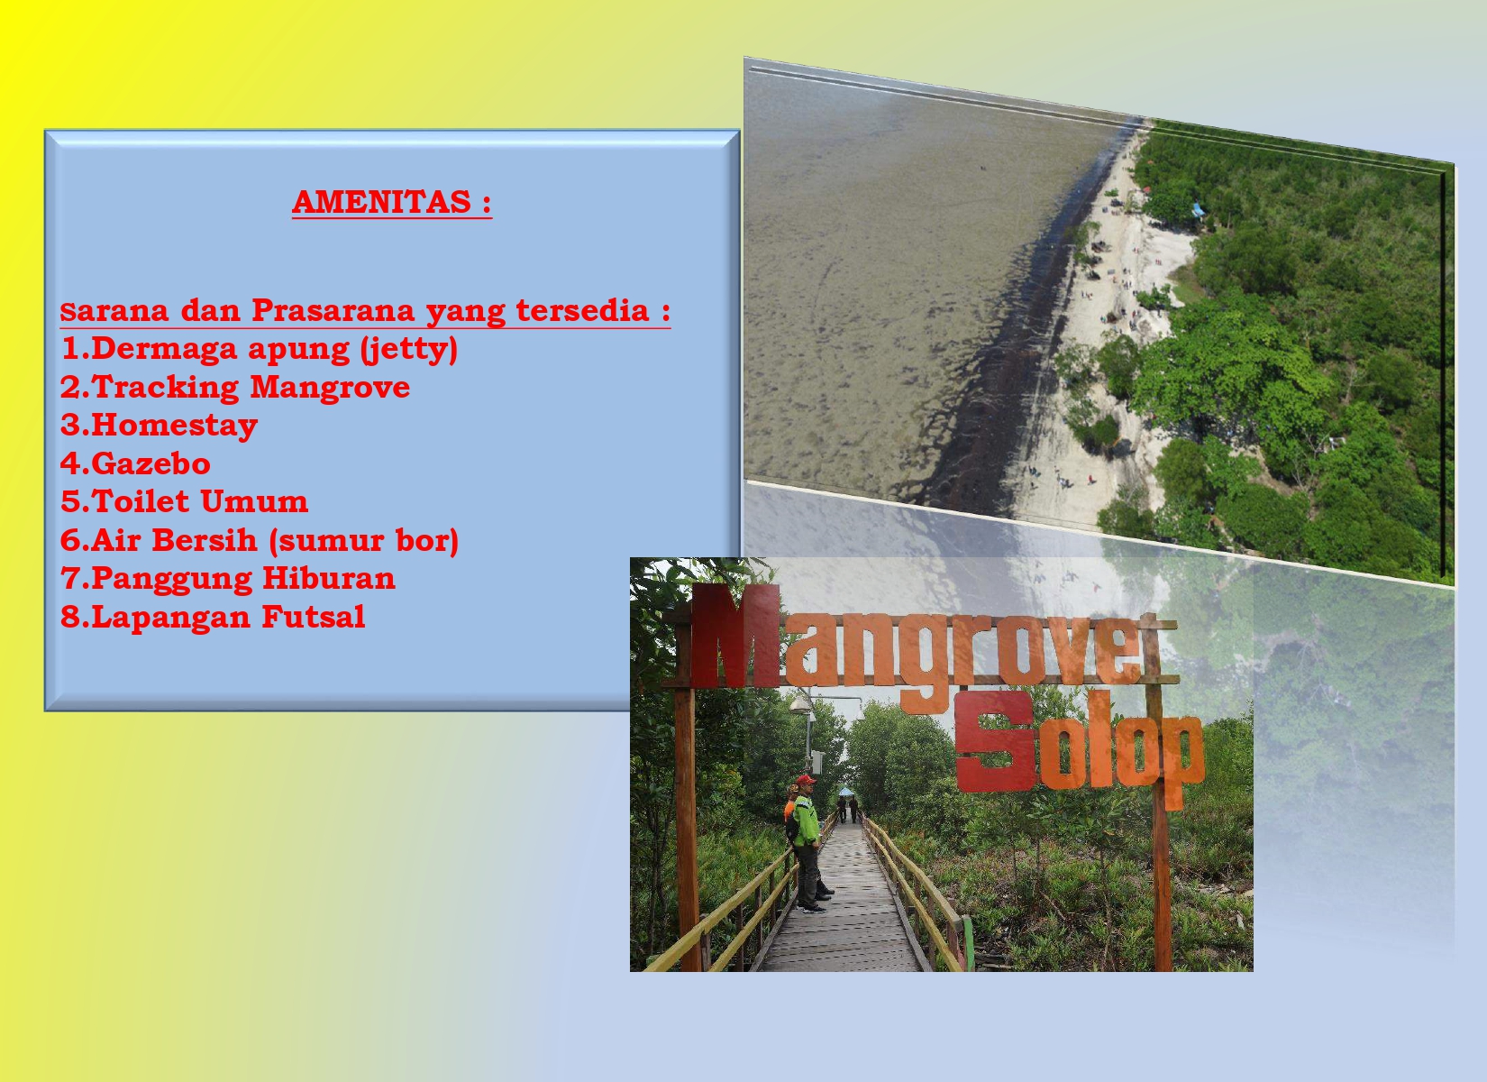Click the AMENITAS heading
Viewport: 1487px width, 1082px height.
[392, 203]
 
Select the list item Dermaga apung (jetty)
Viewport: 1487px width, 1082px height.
[260, 349]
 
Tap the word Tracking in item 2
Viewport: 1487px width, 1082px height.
[166, 387]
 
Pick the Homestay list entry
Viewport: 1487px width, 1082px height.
[160, 426]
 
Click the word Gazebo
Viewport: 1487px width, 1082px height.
[151, 463]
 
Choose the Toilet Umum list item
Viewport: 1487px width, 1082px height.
[185, 501]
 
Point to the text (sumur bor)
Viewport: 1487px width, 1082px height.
[364, 541]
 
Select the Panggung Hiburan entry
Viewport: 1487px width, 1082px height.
[228, 579]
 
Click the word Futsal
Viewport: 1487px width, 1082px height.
[314, 617]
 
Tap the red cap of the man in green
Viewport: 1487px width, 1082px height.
[806, 780]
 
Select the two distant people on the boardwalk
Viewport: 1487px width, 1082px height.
[847, 809]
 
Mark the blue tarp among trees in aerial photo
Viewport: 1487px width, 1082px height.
[1199, 210]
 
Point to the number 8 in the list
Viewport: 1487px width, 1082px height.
[70, 617]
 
